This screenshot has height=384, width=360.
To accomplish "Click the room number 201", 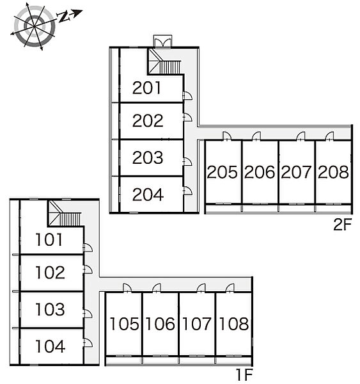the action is pyautogui.click(x=146, y=88).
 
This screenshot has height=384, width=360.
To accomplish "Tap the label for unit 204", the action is pyautogui.click(x=148, y=195).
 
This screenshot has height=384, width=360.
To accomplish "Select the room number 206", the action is pyautogui.click(x=260, y=172).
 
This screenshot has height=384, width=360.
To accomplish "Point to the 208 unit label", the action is pyautogui.click(x=333, y=172).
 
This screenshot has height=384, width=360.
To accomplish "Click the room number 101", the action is pyautogui.click(x=49, y=239).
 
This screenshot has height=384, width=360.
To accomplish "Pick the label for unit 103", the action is pyautogui.click(x=50, y=309).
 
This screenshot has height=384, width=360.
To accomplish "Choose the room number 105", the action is pyautogui.click(x=124, y=324).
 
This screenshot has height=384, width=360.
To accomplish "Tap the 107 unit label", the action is pyautogui.click(x=196, y=324).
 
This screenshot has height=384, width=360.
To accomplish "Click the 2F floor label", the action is pyautogui.click(x=342, y=225).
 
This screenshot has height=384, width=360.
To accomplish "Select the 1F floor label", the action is pyautogui.click(x=244, y=374).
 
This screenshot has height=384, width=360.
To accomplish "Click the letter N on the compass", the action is pyautogui.click(x=63, y=17).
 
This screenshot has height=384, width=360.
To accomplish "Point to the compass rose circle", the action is pyautogui.click(x=35, y=26).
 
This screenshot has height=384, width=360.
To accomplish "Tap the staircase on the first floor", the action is pyautogui.click(x=65, y=214).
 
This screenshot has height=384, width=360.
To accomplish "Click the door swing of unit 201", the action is pyautogui.click(x=188, y=95).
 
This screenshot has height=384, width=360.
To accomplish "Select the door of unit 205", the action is pyautogui.click(x=226, y=136).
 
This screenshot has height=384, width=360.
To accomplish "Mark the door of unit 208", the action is pyautogui.click(x=329, y=136).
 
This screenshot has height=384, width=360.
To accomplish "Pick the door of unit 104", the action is pyautogui.click(x=88, y=342).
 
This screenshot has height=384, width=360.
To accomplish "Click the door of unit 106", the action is pyautogui.click(x=157, y=288).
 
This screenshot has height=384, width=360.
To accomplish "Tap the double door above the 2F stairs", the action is pyautogui.click(x=163, y=41).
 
